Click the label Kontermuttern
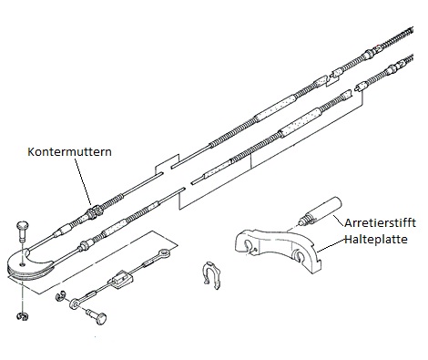69,151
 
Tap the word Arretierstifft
380,222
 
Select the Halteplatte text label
376,240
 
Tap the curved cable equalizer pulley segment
32,264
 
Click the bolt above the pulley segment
23,231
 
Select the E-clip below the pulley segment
22,316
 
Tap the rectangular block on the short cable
120,279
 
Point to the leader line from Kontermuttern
83,180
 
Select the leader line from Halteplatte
331,246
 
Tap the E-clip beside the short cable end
60,296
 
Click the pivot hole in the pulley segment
22,264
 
